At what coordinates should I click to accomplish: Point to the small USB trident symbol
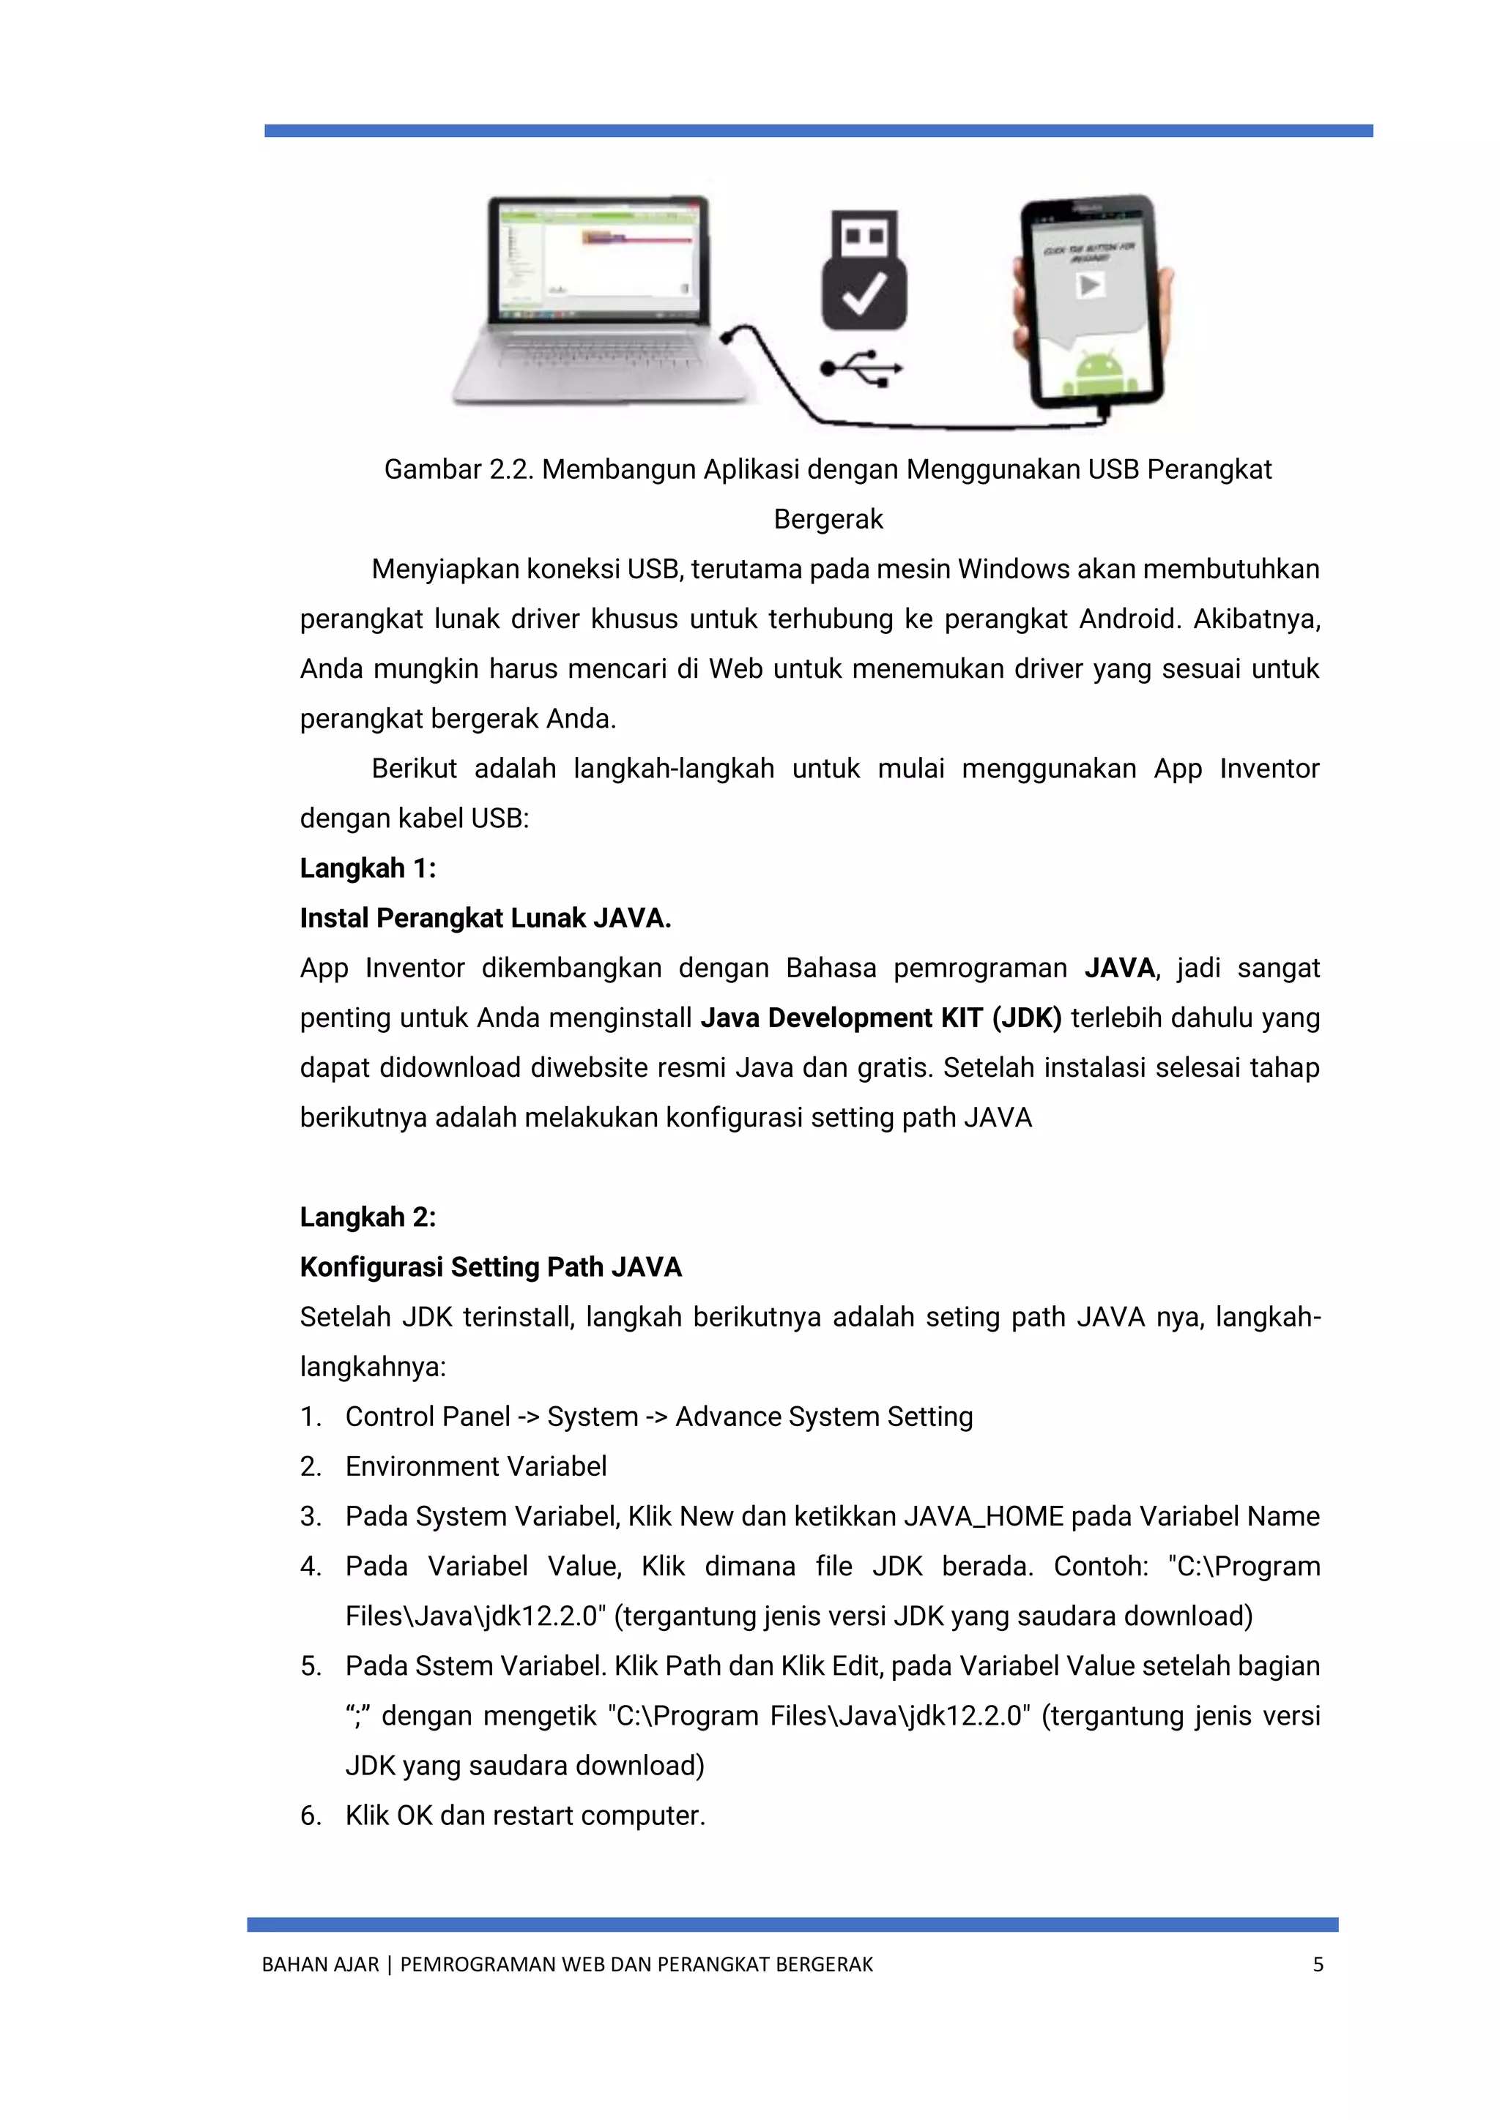point(861,370)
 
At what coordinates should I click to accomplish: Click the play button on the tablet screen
point(1090,286)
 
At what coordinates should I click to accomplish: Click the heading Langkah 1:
point(368,869)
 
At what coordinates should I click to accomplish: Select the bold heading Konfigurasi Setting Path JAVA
point(491,1268)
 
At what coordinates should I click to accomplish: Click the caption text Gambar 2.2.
point(459,470)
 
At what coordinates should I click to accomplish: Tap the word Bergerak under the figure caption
point(828,520)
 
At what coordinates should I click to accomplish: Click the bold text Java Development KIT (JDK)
point(880,1018)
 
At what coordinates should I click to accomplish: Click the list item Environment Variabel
point(475,1467)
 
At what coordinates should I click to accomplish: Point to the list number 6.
point(311,1816)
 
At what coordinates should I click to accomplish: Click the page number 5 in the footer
point(1318,1965)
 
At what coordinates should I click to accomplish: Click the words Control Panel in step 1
point(428,1417)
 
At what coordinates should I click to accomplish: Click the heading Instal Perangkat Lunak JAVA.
point(485,919)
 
